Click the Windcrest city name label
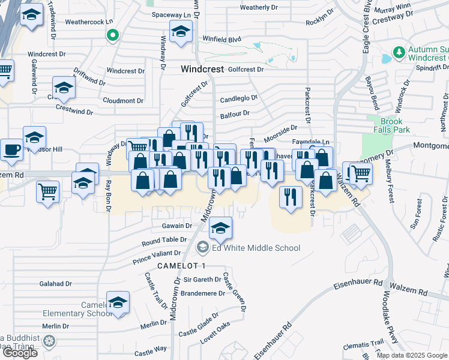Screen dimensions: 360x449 204,70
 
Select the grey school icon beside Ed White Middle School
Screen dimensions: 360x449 203,247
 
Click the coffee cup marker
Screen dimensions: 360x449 11,149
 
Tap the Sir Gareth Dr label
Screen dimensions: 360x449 202,280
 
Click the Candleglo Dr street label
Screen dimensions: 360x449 238,97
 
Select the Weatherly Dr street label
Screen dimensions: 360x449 258,7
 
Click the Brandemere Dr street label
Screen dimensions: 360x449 203,293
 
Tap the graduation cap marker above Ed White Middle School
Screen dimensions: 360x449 221,227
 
